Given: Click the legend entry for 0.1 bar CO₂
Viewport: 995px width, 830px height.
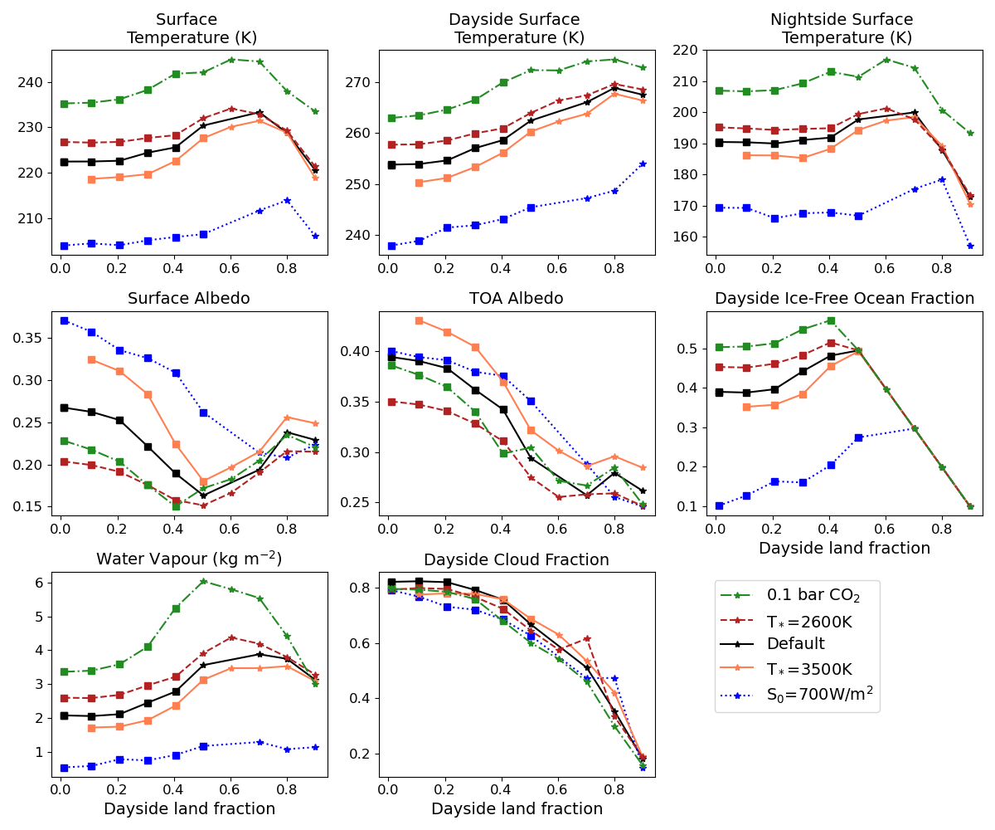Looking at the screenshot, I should [813, 595].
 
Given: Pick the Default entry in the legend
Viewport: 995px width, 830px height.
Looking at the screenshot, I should [795, 644].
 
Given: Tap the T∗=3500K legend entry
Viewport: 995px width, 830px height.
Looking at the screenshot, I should [808, 669].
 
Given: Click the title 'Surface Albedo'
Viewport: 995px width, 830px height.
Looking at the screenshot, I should [188, 299].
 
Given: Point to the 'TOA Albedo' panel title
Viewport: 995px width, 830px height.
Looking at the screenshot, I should [517, 299].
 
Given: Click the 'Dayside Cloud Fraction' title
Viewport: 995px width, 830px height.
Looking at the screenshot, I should [517, 560].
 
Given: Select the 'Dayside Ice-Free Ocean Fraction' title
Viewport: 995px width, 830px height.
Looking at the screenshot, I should [844, 299].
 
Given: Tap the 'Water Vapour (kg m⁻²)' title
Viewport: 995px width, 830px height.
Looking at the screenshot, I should [188, 559].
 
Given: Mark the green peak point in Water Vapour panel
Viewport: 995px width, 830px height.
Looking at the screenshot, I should [203, 582].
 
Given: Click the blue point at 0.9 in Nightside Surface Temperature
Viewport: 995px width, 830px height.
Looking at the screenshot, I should [969, 246].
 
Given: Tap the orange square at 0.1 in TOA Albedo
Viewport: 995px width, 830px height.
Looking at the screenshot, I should [419, 320].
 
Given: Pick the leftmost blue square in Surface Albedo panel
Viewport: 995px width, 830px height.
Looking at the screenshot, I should [64, 320].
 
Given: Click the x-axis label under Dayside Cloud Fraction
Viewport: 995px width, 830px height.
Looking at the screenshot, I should [517, 809].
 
